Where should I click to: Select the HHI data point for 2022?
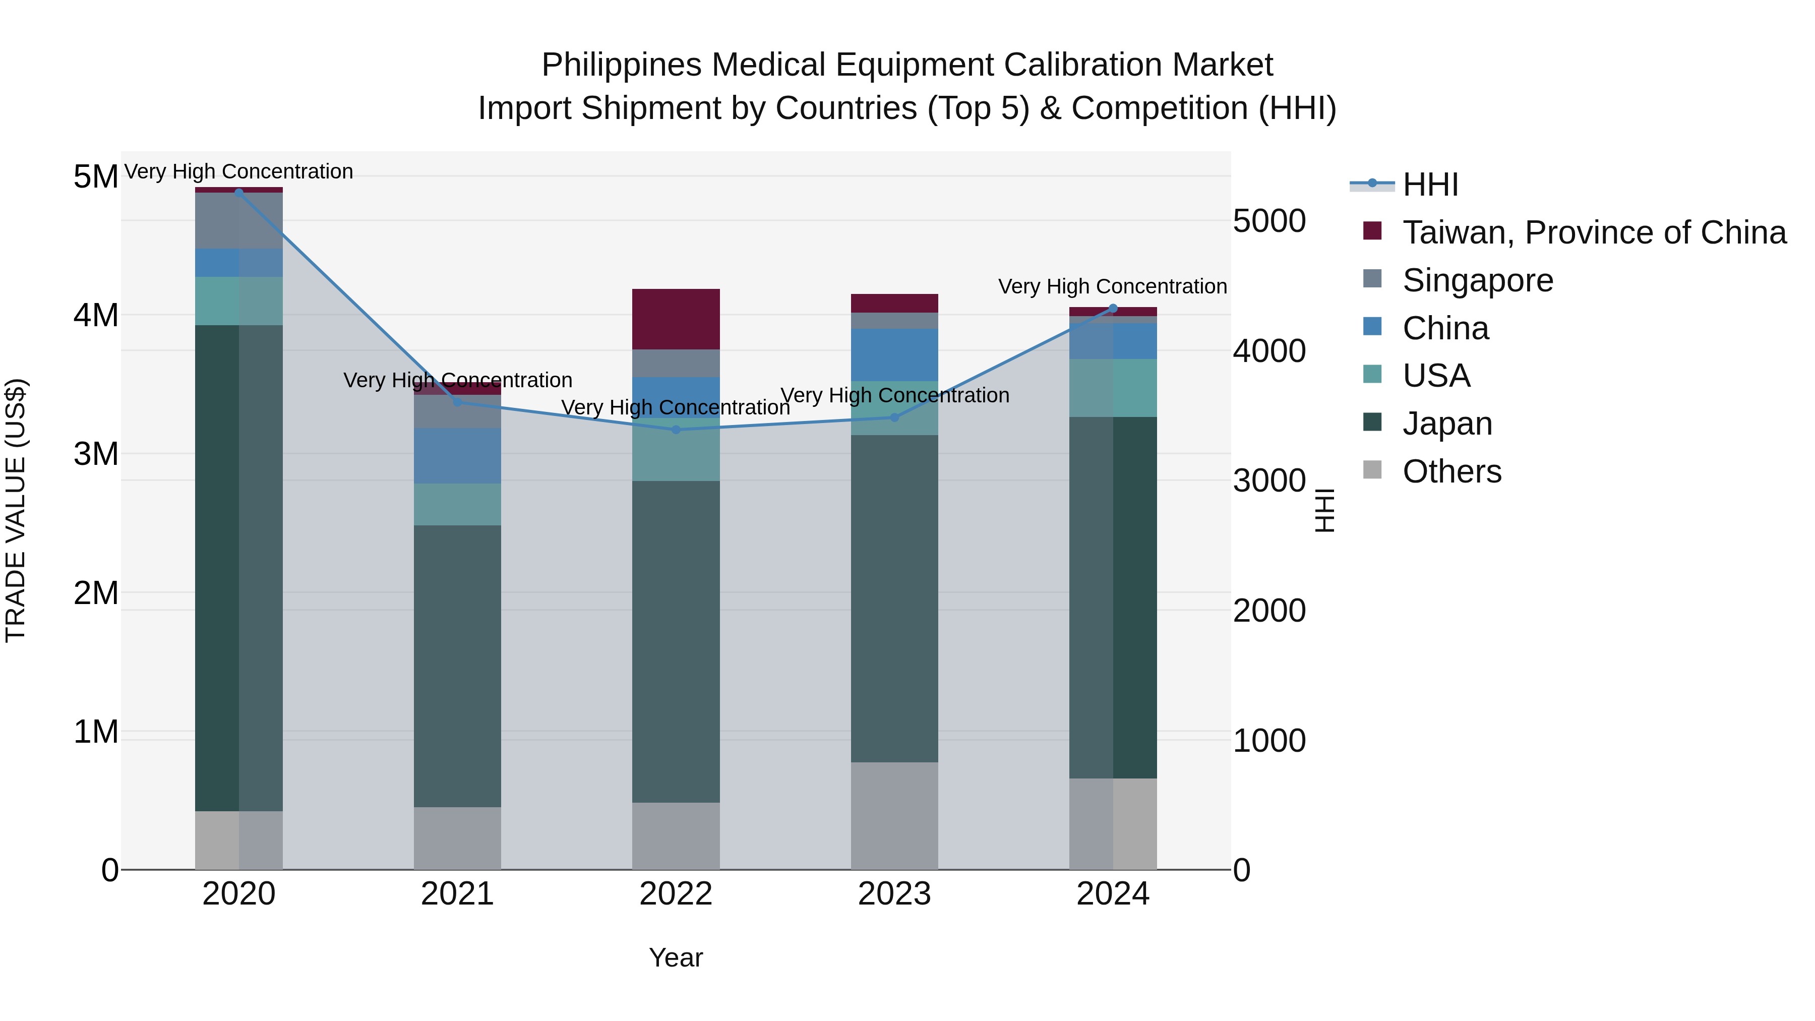point(676,429)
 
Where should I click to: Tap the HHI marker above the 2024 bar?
point(1113,308)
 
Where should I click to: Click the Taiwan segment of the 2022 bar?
point(676,319)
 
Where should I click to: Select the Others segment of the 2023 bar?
point(894,815)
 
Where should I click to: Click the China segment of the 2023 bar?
point(894,354)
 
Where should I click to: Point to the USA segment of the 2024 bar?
point(1113,388)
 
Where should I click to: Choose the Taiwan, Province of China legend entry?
point(1594,232)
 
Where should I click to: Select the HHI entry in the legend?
point(1430,185)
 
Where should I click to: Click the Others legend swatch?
point(1372,470)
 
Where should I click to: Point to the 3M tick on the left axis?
point(96,454)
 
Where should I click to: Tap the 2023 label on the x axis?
point(894,894)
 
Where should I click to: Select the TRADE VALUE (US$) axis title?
point(16,510)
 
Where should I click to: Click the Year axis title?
point(676,957)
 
